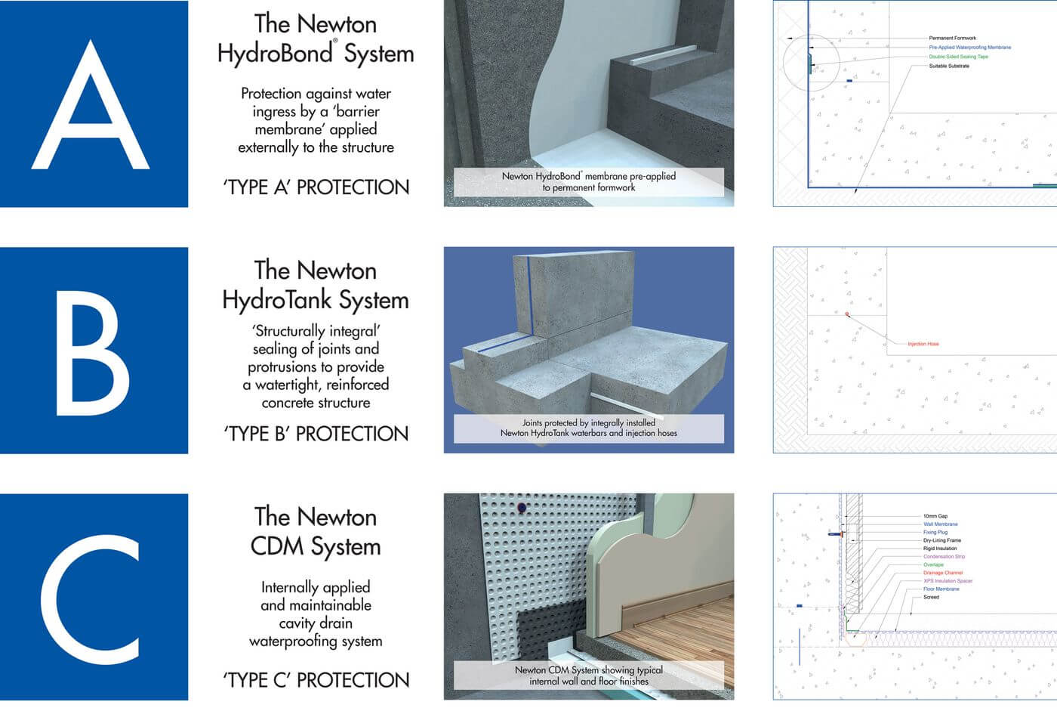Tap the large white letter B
92,351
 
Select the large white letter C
91,598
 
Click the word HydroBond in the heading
276,54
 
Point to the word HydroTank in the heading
277,300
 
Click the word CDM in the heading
277,546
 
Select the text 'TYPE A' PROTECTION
316,187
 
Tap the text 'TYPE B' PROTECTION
316,434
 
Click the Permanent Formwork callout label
952,38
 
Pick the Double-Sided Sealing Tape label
958,57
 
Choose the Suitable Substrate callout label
949,66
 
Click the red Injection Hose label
923,344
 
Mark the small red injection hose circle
847,314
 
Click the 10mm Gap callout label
935,516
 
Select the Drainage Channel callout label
943,573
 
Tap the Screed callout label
931,597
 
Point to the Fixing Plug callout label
935,532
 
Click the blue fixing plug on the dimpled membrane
520,508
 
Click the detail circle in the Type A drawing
811,63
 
